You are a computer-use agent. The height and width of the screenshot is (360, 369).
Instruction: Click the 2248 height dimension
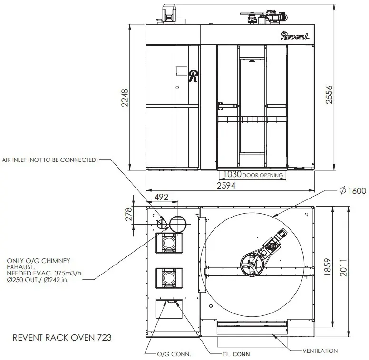125,98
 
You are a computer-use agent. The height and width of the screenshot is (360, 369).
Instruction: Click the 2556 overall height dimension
329,95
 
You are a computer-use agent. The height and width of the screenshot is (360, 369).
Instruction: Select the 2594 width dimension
226,186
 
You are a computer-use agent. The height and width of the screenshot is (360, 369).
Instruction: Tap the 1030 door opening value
232,174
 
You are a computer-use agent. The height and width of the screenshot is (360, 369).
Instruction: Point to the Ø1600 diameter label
353,190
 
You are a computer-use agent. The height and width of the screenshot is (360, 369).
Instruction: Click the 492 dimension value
162,197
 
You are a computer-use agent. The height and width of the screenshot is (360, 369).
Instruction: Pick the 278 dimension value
128,214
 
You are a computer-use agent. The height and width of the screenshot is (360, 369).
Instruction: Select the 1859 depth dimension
328,267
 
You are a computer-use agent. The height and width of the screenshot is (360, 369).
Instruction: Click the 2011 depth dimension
343,267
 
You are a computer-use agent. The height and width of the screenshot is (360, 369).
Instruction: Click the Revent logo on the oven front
295,36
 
